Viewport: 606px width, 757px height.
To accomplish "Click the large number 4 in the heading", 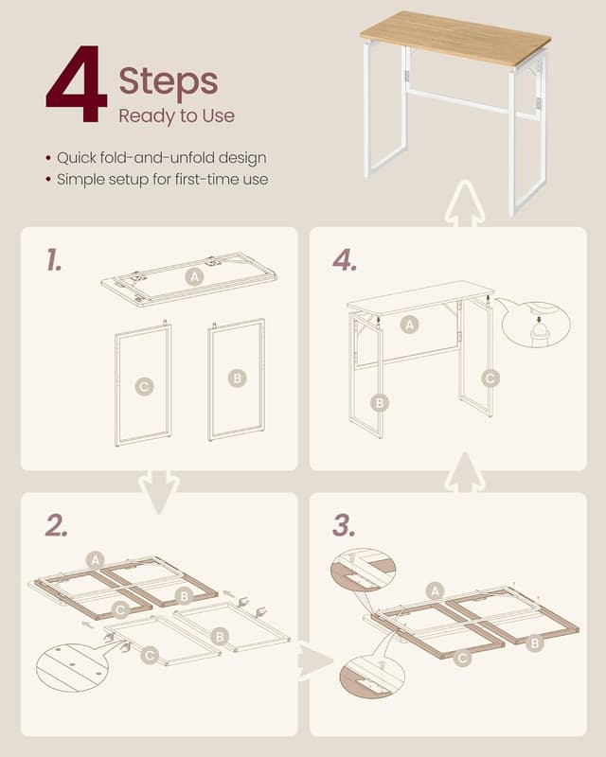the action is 77,83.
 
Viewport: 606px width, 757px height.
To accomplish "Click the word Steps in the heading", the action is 169,81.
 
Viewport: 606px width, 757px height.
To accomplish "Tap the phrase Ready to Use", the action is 176,115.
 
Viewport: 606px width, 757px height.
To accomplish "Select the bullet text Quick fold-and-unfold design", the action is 162,158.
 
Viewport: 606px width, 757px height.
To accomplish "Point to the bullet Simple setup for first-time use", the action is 162,179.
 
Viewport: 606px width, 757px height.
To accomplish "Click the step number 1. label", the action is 54,259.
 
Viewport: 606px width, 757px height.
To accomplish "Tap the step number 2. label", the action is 56,525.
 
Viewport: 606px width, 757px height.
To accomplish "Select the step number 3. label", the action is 344,525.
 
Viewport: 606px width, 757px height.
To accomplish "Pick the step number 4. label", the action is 345,261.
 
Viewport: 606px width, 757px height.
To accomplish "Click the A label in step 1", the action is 194,276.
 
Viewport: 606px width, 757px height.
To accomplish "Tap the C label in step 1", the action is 144,386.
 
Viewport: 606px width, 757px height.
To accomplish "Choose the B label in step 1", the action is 238,378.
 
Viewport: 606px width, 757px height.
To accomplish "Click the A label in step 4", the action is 409,325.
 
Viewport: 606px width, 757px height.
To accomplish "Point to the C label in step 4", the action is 490,378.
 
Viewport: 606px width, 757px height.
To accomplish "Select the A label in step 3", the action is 435,590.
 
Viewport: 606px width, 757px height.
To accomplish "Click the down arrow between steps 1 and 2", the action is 159,491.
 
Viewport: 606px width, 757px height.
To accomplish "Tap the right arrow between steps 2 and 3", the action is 314,660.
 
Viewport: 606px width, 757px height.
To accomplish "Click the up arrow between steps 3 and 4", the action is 464,473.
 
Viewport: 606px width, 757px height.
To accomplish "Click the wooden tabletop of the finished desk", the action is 455,37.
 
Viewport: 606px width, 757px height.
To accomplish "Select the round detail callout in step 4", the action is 537,325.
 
